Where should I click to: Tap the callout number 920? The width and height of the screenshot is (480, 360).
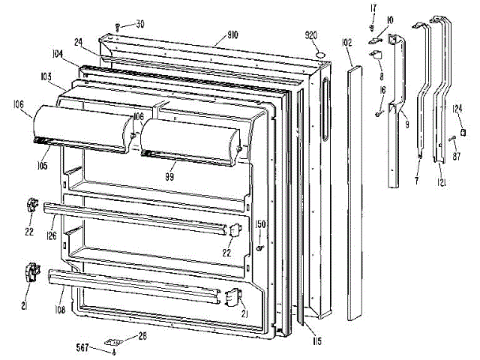313,35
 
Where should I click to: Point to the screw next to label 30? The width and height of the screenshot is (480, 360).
119,28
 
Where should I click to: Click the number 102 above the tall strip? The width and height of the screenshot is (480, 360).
346,43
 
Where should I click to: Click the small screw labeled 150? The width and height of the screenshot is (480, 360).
259,247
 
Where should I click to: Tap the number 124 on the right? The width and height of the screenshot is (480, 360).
456,109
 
